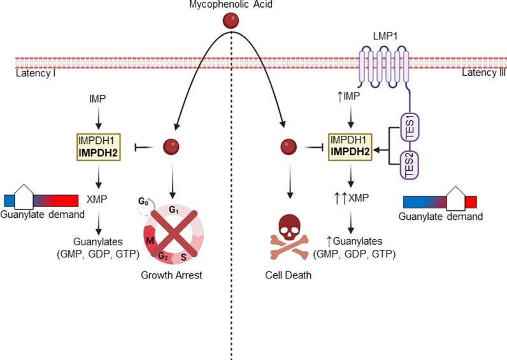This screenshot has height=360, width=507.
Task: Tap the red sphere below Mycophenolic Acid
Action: pyautogui.click(x=230, y=22)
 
